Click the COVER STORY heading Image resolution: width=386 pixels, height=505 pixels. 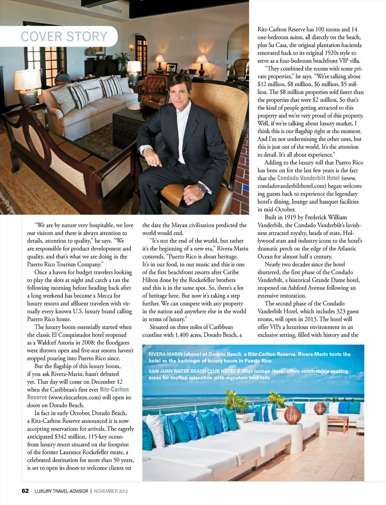[x=64, y=37]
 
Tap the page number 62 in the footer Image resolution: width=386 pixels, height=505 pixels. [x=25, y=491]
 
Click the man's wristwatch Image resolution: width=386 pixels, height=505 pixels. [x=202, y=187]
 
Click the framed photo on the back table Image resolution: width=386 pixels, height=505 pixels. [x=172, y=67]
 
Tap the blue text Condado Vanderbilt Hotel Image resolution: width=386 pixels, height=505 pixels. [x=308, y=178]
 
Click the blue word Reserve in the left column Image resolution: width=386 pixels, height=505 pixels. [x=37, y=397]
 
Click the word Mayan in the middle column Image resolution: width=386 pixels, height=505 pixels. [x=180, y=225]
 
